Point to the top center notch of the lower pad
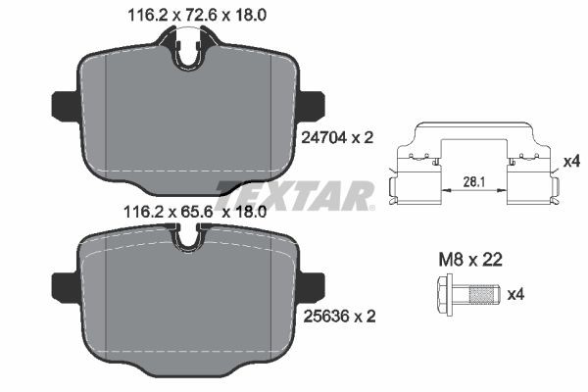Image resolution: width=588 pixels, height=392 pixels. (189, 237)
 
